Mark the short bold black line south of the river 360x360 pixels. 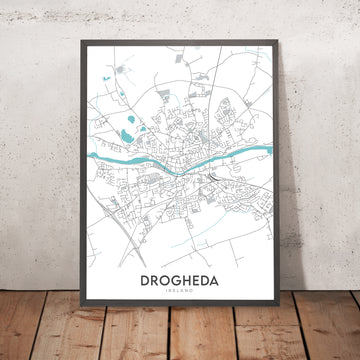[215, 180]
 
